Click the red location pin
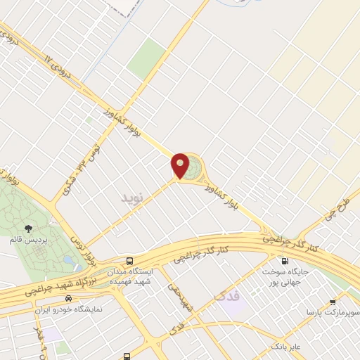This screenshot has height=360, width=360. click(x=180, y=166)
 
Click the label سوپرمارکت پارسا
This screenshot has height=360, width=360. click(x=333, y=310)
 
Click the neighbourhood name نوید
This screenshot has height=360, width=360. click(x=132, y=198)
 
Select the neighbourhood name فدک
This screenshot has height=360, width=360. click(x=226, y=296)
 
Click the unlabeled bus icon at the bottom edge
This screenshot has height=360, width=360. click(x=127, y=356)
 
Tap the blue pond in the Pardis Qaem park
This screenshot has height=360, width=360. click(x=67, y=259)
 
